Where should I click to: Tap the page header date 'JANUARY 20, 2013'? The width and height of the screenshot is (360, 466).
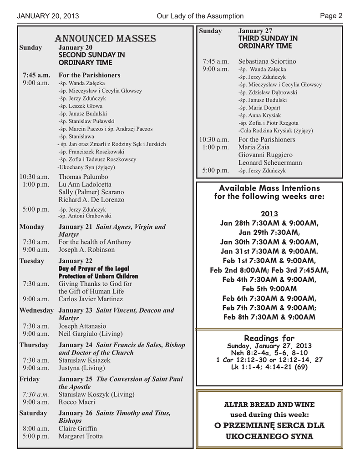48,16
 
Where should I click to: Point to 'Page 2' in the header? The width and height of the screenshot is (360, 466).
331,16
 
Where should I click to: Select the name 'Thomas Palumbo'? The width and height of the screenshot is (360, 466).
83,177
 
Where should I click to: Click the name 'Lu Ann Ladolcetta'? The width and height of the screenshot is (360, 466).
85,184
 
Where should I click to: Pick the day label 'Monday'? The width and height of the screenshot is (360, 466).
32,227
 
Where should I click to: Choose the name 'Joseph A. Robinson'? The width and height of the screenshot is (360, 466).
86,250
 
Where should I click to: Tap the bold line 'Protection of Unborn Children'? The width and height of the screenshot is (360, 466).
98,276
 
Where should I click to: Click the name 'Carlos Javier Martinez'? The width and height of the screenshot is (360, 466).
91,299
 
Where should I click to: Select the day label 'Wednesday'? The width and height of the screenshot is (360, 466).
36,310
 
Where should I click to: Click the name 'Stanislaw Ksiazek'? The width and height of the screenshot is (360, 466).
84,360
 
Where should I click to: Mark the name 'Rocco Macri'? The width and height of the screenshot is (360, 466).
77,402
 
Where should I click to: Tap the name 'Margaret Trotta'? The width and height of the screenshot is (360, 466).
81,436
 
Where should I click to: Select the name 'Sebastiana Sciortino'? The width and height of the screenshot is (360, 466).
267,61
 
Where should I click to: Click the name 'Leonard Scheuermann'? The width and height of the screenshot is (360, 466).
270,162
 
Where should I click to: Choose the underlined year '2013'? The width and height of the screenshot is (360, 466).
269,214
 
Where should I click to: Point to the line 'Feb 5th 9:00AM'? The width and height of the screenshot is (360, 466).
269,289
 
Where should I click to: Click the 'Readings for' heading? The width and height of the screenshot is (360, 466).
269,338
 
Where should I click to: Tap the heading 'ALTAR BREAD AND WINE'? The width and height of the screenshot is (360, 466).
269,405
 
